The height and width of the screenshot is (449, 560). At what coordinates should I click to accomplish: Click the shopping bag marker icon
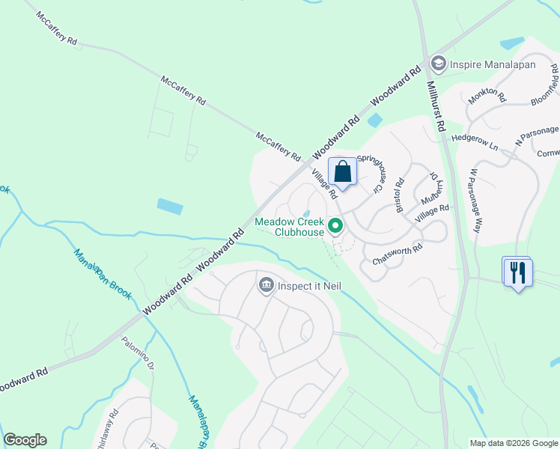click(343, 171)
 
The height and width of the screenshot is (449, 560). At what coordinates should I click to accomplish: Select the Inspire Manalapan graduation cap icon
click(439, 64)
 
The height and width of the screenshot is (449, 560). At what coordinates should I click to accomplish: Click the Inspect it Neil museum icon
click(266, 285)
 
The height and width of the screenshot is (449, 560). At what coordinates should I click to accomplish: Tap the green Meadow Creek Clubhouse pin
click(336, 224)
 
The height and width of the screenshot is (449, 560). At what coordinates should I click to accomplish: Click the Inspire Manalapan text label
click(491, 64)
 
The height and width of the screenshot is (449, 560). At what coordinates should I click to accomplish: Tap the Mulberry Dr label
click(428, 190)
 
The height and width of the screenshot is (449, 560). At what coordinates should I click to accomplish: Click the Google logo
click(25, 440)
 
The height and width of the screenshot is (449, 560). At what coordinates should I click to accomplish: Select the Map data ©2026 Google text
click(513, 443)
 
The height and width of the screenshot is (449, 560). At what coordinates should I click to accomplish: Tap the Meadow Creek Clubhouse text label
click(290, 227)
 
